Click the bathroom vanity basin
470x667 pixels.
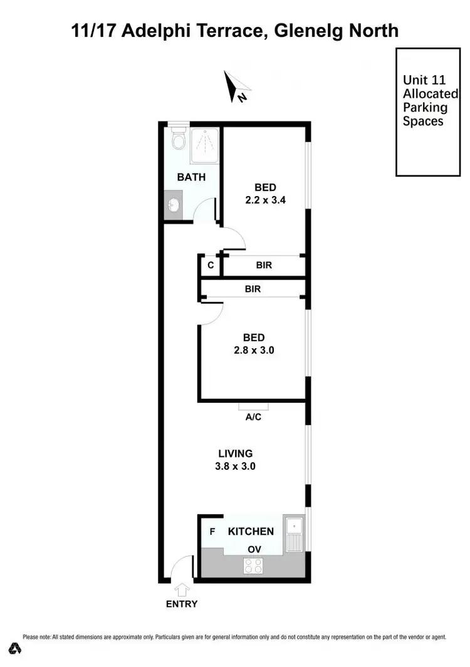tap(174, 205)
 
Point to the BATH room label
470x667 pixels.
tap(191, 177)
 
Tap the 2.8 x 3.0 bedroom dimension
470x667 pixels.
tap(254, 351)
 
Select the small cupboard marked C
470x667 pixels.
tap(211, 265)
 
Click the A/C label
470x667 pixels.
tap(254, 418)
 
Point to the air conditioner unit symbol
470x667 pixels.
tap(254, 406)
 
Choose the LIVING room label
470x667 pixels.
tap(235, 453)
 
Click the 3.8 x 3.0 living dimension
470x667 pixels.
tap(235, 466)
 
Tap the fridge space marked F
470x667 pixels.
tap(212, 532)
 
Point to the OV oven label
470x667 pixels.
tap(254, 549)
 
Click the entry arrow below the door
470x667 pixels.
tap(182, 589)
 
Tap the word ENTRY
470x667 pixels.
tap(182, 604)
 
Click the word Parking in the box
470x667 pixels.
tap(425, 108)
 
